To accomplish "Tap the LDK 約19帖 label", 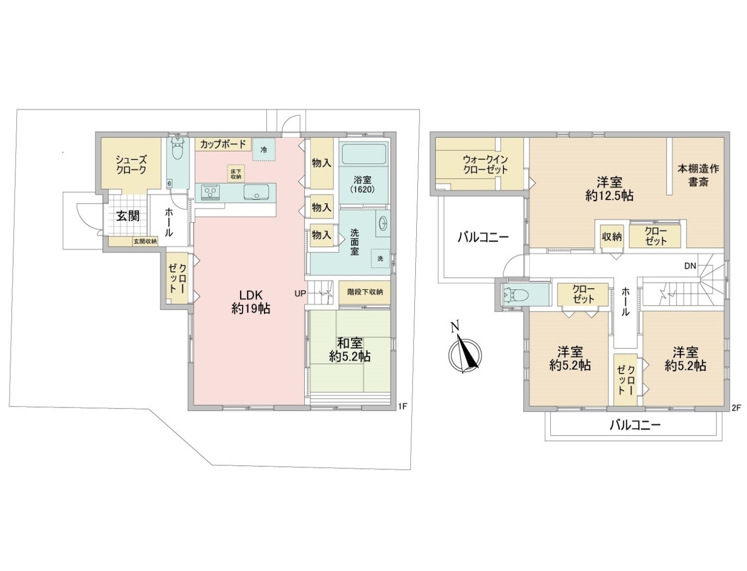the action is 251,301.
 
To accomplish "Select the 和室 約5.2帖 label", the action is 350,350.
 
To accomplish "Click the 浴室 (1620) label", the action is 362,184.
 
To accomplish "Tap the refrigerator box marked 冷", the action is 263,149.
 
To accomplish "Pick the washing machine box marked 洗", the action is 380,258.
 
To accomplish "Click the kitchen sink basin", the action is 256,192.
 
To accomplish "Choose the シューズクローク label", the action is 131,164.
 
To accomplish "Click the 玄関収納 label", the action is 145,241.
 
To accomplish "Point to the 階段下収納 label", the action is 365,292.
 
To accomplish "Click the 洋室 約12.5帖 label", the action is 609,188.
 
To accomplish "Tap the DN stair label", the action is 691,266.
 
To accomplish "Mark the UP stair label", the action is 300,293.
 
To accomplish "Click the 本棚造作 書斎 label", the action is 698,175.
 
